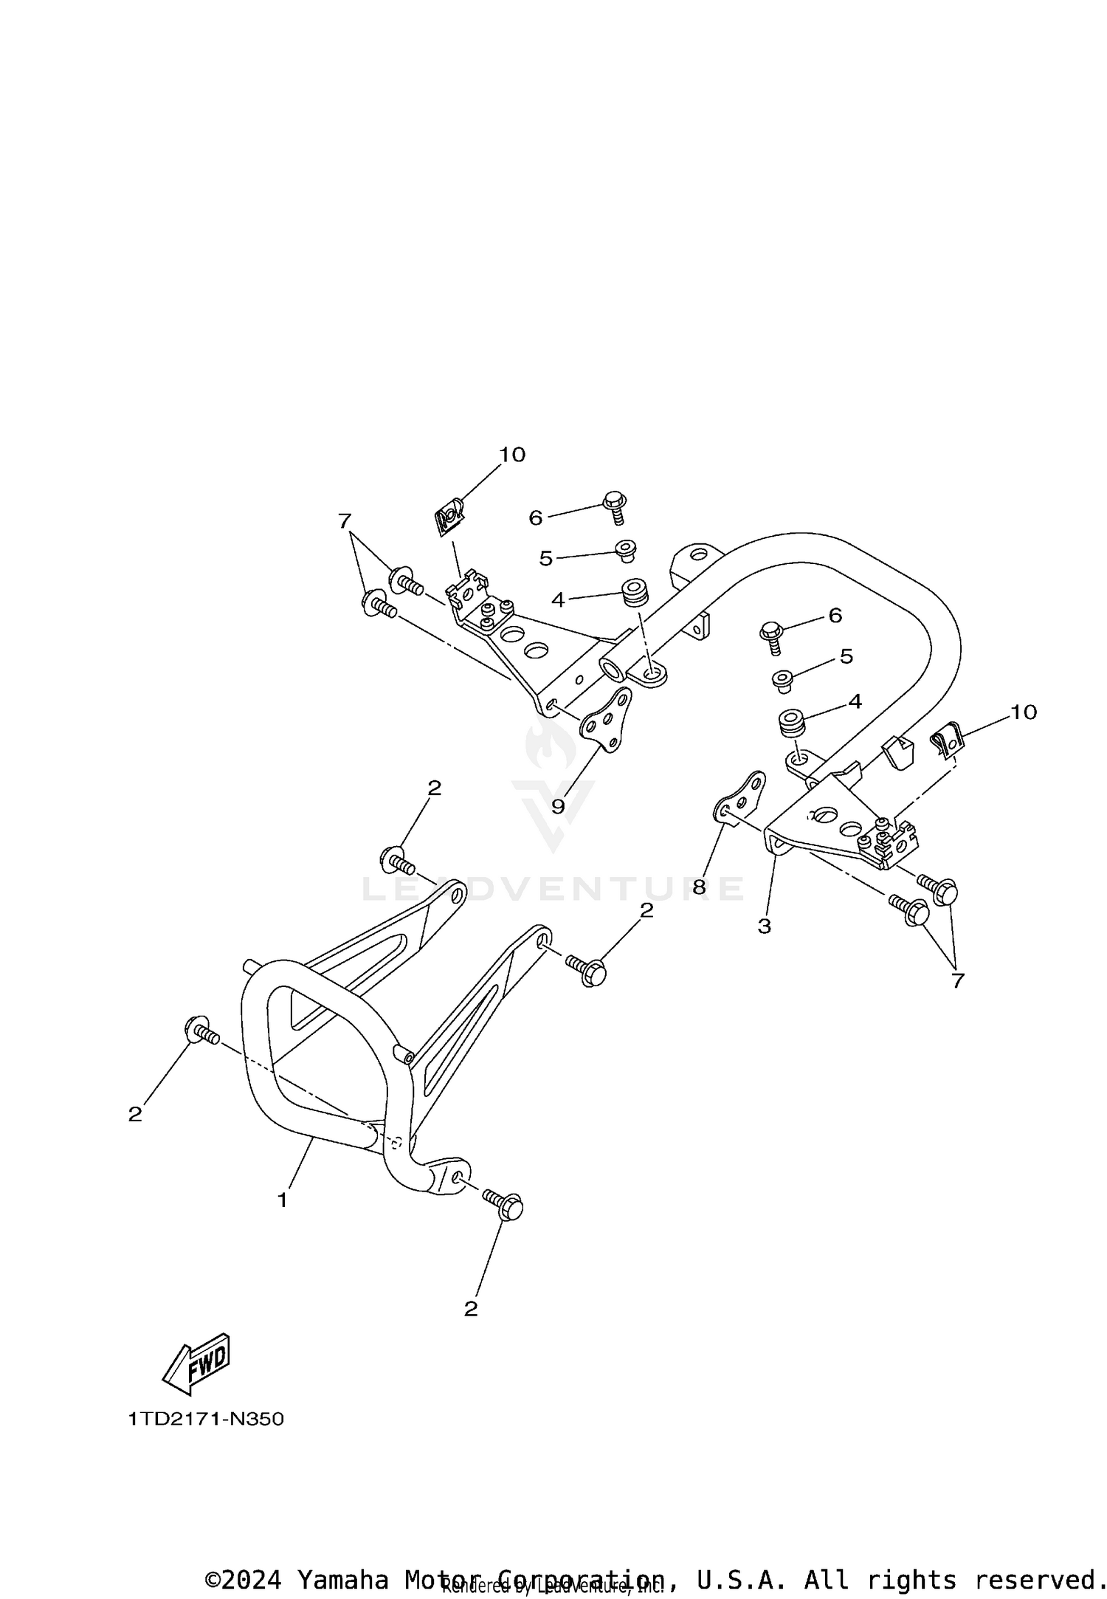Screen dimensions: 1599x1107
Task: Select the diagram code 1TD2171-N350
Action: coord(206,1419)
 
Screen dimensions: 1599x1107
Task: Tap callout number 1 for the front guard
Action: coord(282,1201)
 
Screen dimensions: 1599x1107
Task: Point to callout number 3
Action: coord(764,926)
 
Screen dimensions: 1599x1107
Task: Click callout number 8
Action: coord(699,886)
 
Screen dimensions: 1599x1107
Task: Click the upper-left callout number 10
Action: coord(512,455)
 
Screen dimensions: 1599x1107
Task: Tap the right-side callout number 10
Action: coord(1024,712)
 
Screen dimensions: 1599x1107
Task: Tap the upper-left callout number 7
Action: coord(344,521)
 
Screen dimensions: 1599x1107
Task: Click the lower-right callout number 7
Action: coord(957,980)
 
